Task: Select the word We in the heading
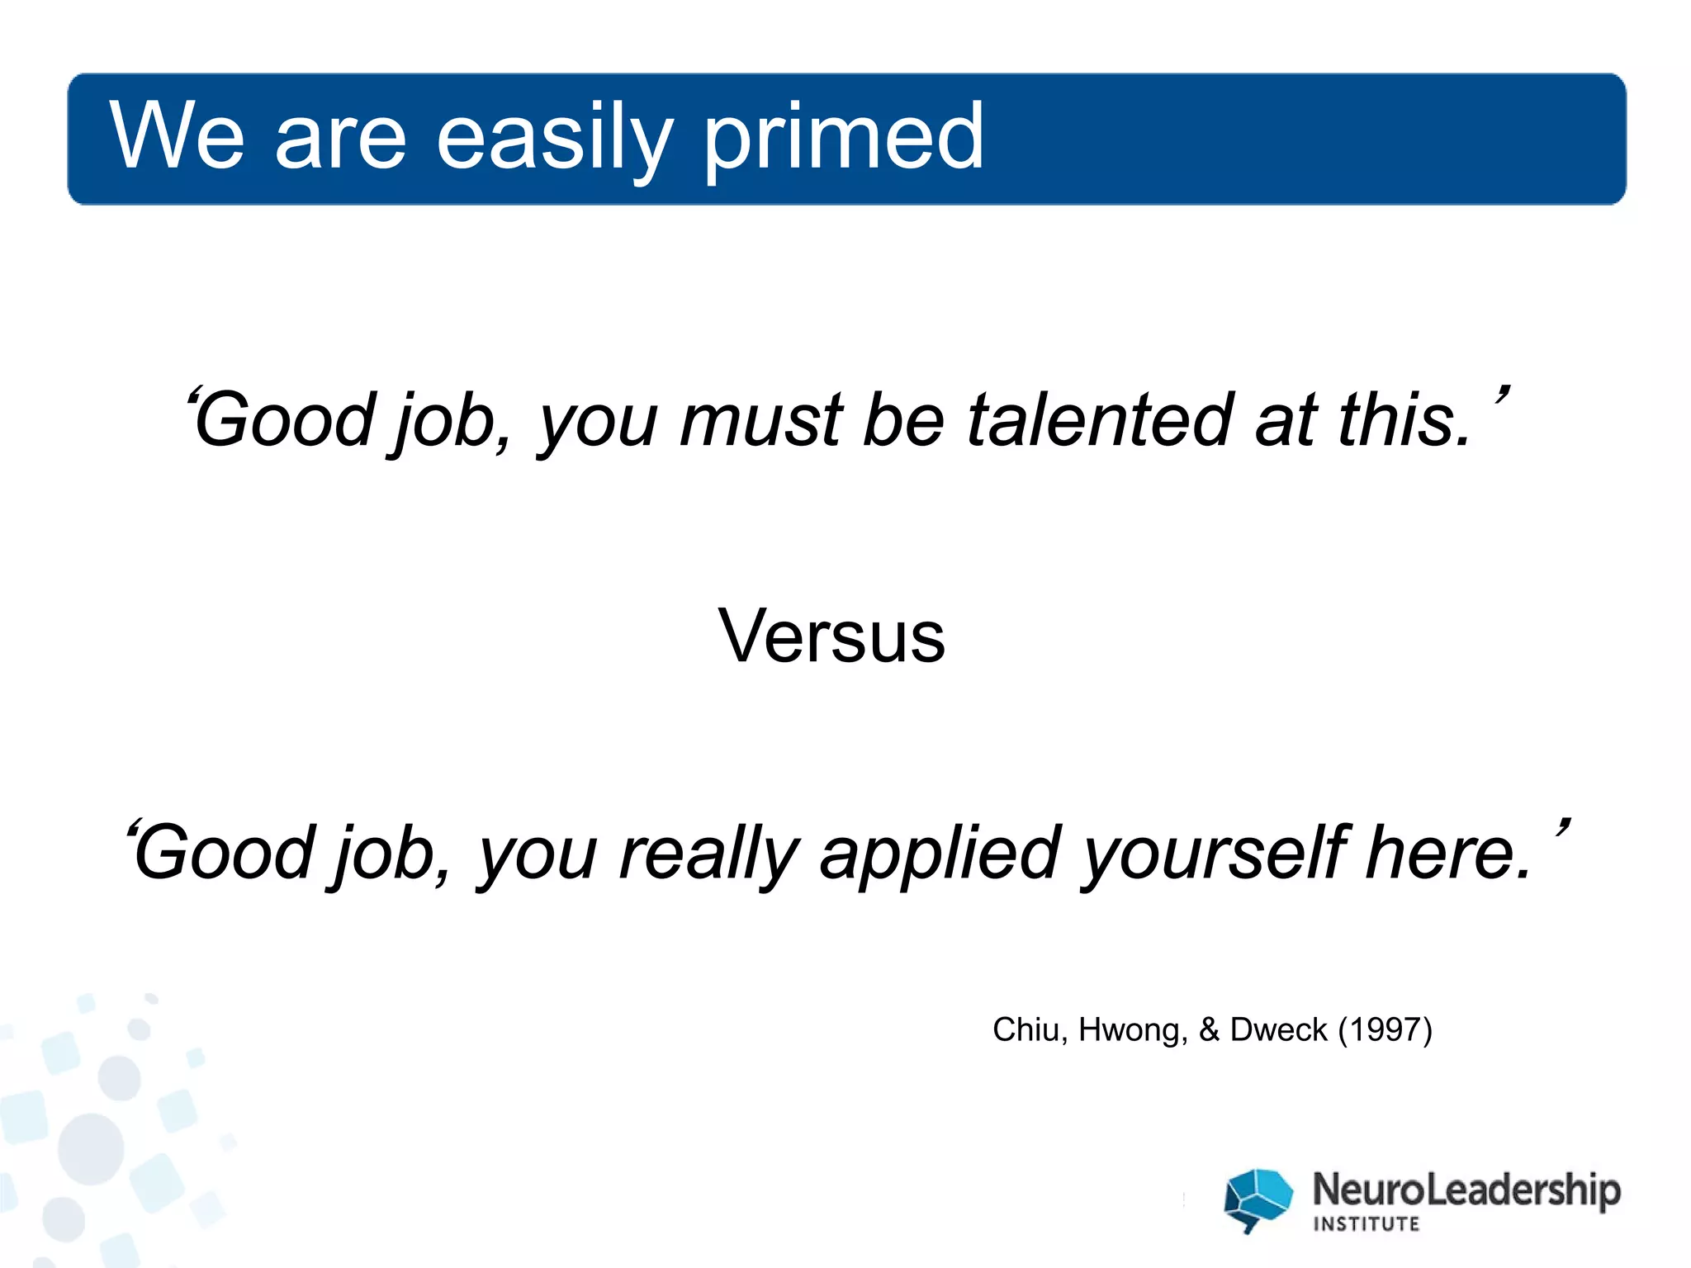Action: [x=177, y=136]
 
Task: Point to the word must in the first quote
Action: [x=760, y=422]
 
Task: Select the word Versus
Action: [x=831, y=636]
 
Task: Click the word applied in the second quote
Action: [x=940, y=854]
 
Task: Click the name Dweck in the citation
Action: [x=1278, y=1029]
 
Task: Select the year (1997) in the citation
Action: [x=1385, y=1029]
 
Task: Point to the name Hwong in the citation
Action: [x=1132, y=1029]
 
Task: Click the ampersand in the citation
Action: [x=1209, y=1029]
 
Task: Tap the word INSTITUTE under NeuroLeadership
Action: [x=1367, y=1224]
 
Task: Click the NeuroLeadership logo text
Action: [x=1466, y=1190]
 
